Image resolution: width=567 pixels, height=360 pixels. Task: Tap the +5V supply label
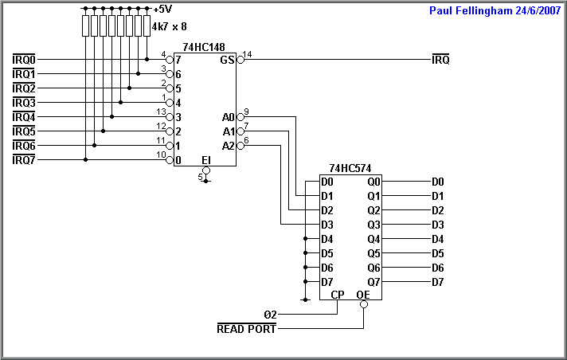(x=162, y=10)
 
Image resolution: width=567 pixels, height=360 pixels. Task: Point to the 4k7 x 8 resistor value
(x=169, y=25)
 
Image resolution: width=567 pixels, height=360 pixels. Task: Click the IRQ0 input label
(x=24, y=60)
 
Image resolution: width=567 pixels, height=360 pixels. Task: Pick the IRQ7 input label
(x=24, y=160)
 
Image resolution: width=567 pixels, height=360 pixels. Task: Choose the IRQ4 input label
(x=24, y=117)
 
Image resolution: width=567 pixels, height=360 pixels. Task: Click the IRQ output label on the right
(x=440, y=60)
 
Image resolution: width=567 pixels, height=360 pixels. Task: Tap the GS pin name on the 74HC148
(x=227, y=61)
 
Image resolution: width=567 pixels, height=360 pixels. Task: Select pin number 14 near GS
(x=248, y=54)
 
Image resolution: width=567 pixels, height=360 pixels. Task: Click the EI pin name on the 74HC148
(x=205, y=160)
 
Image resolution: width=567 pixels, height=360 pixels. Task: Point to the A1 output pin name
(x=229, y=131)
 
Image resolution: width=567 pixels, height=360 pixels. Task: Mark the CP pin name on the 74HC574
(x=338, y=295)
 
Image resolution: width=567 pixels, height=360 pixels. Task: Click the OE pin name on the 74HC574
(x=363, y=295)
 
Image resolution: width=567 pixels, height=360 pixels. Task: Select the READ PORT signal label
(x=246, y=328)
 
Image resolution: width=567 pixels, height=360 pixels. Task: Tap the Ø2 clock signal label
(x=270, y=314)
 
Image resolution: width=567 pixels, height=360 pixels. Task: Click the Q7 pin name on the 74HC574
(x=373, y=282)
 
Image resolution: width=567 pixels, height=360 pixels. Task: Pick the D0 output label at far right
(x=437, y=182)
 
